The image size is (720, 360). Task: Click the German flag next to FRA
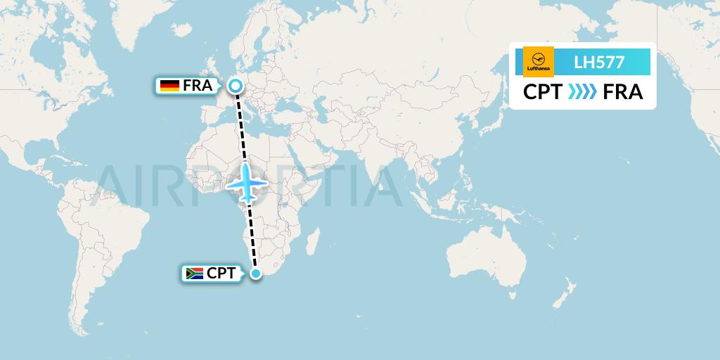pos(169,86)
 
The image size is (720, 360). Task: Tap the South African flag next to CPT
pos(194,273)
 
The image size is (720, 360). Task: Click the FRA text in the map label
pos(198,86)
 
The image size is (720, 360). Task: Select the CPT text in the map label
pos(221,273)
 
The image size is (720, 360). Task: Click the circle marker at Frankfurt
pos(236,86)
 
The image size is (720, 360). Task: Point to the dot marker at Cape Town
pos(257,273)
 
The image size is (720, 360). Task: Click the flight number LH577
pos(599,62)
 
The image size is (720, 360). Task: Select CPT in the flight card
pos(542,92)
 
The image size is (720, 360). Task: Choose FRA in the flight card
pos(623,92)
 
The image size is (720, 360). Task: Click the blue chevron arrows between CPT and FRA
pos(582,92)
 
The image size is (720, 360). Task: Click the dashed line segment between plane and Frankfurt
pos(241,127)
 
